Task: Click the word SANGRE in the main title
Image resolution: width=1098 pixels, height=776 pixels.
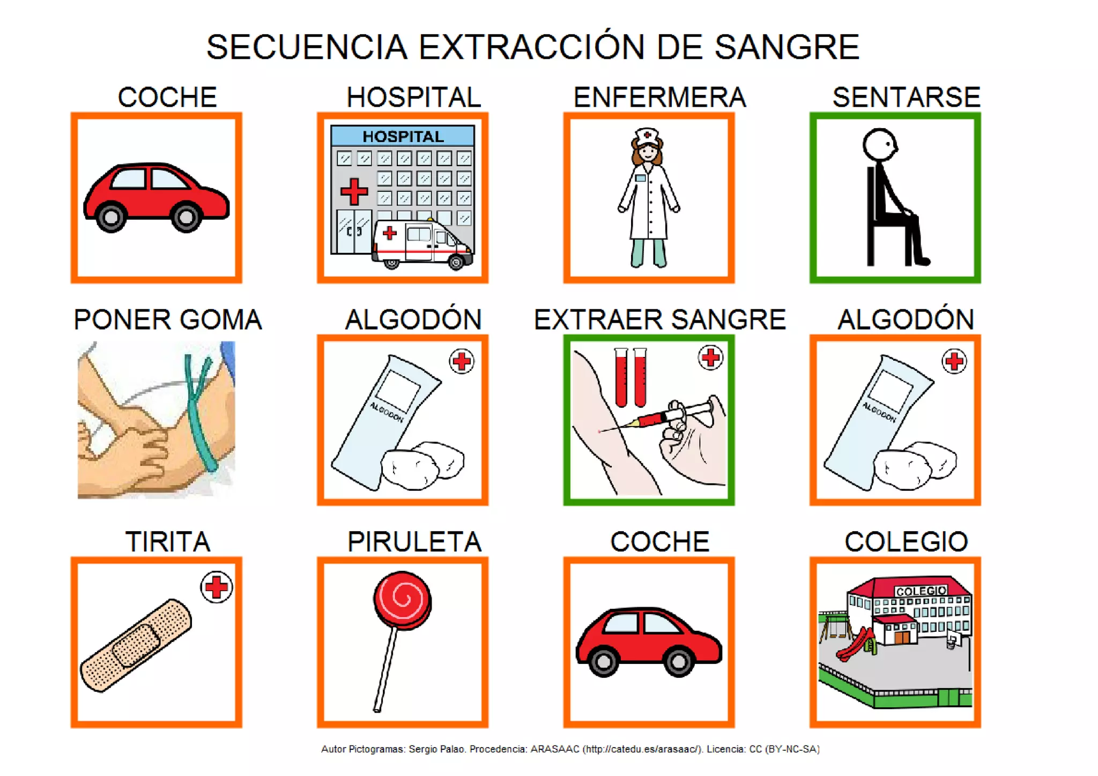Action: [x=787, y=47]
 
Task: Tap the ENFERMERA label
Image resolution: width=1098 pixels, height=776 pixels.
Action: [x=659, y=98]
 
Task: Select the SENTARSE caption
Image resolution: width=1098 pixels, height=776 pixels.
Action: [x=906, y=98]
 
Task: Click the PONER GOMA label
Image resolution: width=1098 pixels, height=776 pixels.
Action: [x=168, y=320]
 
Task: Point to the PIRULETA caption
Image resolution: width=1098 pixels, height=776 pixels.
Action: [x=414, y=542]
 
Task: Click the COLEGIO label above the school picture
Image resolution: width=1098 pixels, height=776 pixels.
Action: [x=906, y=542]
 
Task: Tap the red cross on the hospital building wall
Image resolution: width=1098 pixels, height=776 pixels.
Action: [x=354, y=192]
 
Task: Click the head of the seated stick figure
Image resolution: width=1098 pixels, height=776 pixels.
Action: [x=880, y=144]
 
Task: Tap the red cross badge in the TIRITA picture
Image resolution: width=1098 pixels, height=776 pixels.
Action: [x=217, y=587]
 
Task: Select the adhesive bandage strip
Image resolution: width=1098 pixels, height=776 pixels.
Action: [x=136, y=645]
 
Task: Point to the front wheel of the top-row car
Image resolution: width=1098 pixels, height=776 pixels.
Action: [x=186, y=217]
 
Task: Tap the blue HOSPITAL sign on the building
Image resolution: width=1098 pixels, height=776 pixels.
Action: [x=403, y=136]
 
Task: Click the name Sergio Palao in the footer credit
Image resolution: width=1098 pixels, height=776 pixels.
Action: [x=436, y=749]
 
